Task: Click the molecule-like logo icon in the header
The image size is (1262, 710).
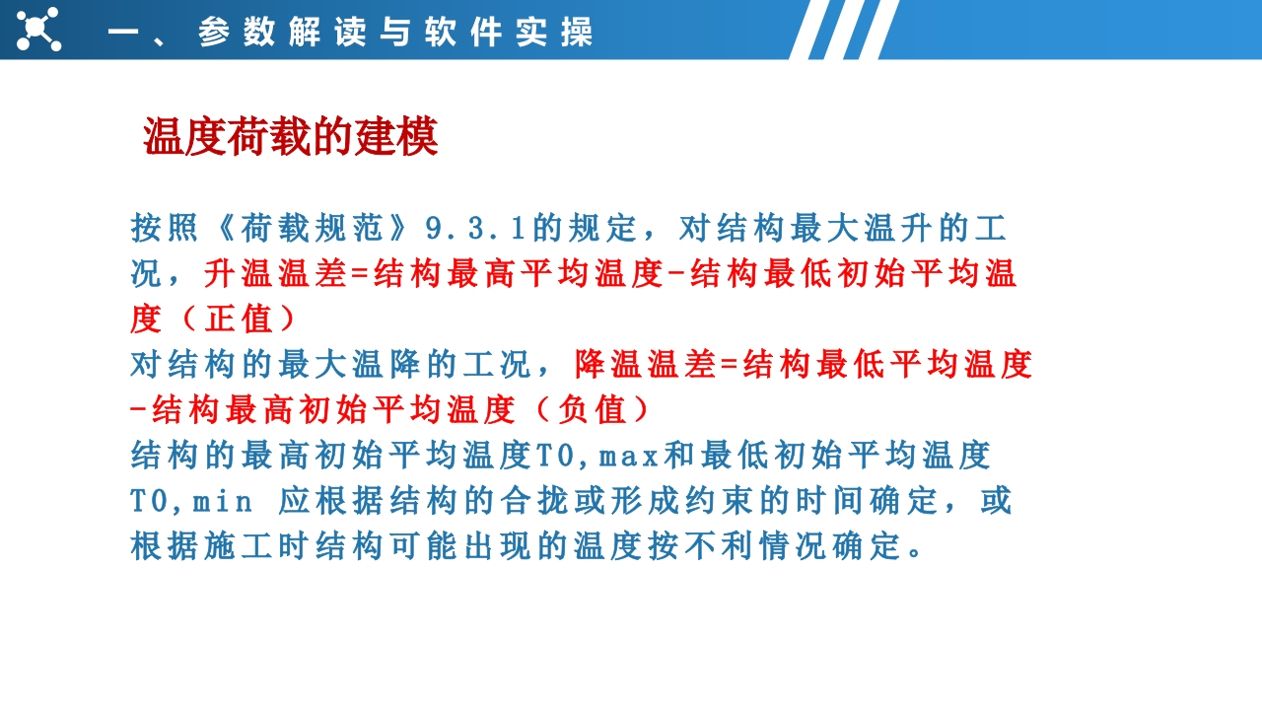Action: click(x=38, y=30)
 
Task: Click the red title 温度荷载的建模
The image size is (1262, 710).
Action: click(x=291, y=136)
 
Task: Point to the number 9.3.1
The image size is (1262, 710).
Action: click(x=475, y=229)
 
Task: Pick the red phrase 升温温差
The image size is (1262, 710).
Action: click(x=275, y=274)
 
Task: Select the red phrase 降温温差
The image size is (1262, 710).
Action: click(x=645, y=364)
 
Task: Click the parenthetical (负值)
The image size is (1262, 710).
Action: click(x=594, y=409)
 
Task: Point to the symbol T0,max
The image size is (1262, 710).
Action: click(x=596, y=456)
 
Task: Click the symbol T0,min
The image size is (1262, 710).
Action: click(x=191, y=501)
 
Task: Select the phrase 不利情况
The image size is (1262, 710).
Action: click(x=755, y=545)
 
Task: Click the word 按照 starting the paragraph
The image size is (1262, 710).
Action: click(x=165, y=229)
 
